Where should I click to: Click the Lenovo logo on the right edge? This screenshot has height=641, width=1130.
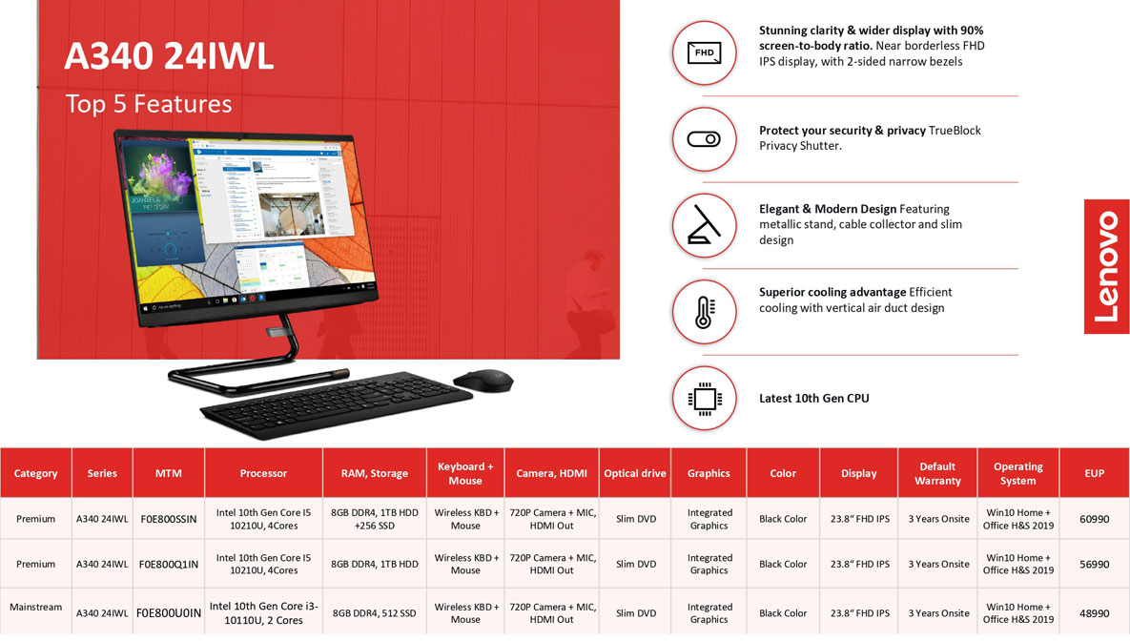click(1106, 267)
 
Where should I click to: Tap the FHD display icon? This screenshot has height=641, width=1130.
click(704, 52)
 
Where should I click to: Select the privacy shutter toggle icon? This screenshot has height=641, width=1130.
click(704, 139)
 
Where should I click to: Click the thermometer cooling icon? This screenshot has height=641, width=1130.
click(704, 312)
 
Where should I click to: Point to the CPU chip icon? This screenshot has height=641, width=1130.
click(704, 398)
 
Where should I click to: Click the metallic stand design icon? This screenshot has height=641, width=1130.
click(704, 226)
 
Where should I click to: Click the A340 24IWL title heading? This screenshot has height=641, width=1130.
click(170, 56)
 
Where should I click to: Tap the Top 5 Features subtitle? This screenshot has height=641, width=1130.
click(149, 104)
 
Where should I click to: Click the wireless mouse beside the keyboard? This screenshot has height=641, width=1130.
click(483, 380)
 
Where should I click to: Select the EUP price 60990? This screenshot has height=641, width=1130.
click(1094, 519)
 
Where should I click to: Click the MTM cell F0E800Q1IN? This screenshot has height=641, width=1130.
click(169, 564)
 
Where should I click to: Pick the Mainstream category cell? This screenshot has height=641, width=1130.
click(36, 607)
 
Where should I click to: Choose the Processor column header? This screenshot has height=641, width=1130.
click(263, 473)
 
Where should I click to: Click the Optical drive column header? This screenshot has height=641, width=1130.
click(635, 473)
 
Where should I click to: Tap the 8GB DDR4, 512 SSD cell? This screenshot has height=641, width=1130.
click(374, 613)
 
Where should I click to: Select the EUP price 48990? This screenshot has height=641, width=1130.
click(1094, 613)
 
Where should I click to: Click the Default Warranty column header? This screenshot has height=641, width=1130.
click(937, 473)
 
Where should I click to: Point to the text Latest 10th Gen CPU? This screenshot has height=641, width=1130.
click(813, 398)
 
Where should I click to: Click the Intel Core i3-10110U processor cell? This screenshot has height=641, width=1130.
click(263, 613)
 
